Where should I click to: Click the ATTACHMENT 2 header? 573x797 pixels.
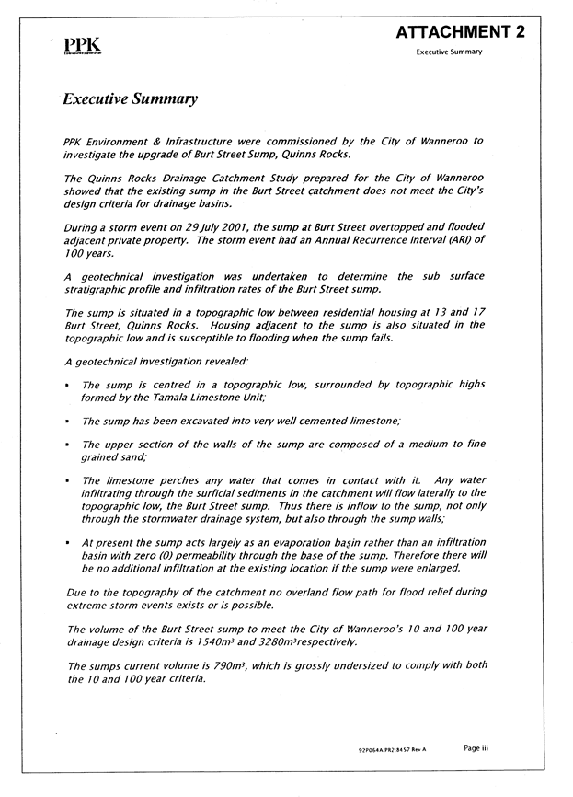point(460,32)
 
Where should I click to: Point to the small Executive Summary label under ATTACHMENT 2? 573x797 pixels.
point(449,52)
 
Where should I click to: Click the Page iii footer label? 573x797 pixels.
point(476,748)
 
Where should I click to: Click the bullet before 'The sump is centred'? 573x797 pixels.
point(69,385)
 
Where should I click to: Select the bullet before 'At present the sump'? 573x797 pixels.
point(69,544)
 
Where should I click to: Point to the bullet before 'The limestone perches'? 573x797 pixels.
point(69,480)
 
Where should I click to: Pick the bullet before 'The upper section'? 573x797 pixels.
point(69,445)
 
